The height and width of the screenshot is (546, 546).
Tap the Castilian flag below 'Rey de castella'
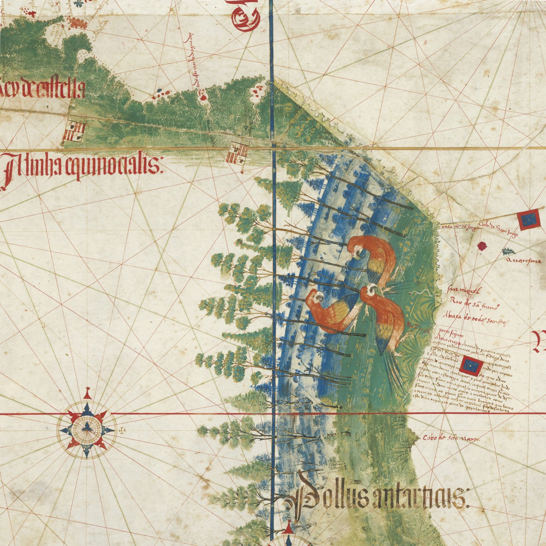tap(75, 130)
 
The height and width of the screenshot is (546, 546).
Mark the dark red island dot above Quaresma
tap(482, 245)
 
